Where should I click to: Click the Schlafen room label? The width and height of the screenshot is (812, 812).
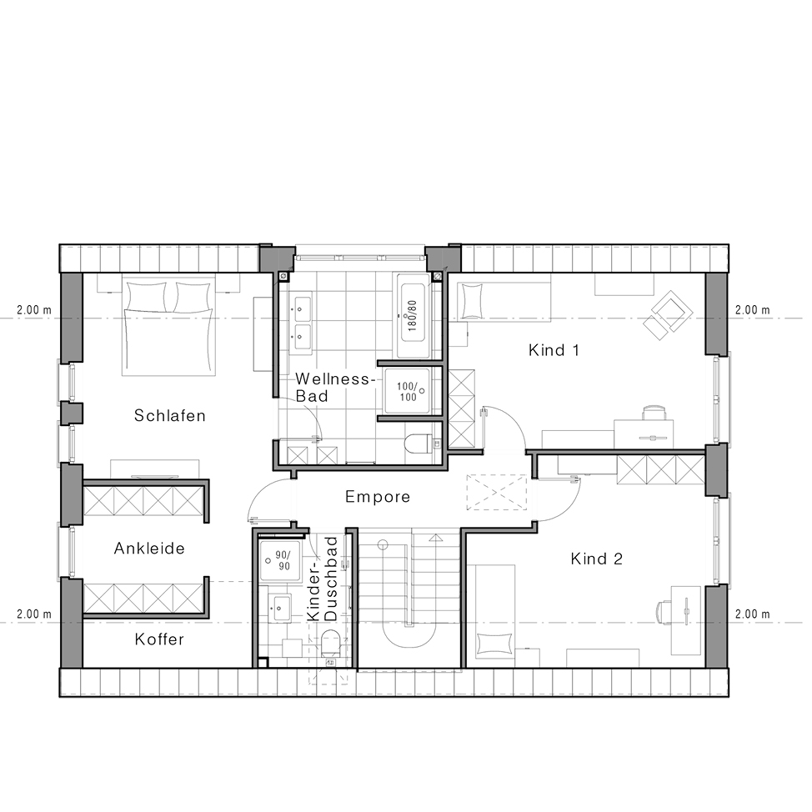point(170,415)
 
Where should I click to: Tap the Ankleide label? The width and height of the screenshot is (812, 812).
point(149,549)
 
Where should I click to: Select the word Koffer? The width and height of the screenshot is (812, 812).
point(159,639)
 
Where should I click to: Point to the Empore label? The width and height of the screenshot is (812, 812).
point(378,497)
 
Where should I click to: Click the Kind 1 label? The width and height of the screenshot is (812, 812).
point(554,350)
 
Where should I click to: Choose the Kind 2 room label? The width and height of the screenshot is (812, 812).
point(596,559)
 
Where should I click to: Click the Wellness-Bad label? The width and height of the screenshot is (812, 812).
point(333,388)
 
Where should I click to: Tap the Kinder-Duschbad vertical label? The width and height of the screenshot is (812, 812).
point(322,579)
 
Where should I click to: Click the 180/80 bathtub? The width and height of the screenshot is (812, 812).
point(413,316)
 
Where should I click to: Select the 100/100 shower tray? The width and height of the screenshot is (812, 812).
point(407,392)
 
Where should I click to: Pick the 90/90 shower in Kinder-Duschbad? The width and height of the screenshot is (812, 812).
point(280,561)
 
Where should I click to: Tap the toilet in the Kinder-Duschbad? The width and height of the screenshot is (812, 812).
point(329,643)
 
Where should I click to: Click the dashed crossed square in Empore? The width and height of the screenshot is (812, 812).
point(497,493)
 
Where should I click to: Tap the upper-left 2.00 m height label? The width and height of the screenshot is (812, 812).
point(34,310)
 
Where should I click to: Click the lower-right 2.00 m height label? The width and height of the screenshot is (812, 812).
point(753,614)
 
